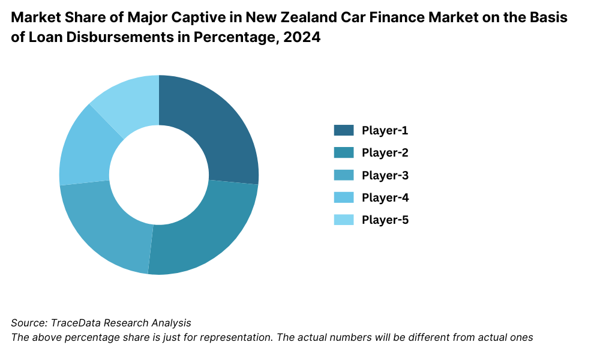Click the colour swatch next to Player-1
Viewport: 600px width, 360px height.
click(x=344, y=130)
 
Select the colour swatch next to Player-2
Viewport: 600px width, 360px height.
click(x=344, y=152)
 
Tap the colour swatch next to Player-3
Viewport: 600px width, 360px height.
click(x=344, y=175)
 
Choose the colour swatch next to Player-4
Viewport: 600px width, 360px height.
click(x=344, y=197)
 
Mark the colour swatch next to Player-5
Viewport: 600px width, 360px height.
click(x=344, y=220)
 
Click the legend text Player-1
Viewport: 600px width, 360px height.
click(x=385, y=130)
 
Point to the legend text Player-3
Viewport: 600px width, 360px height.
click(x=385, y=175)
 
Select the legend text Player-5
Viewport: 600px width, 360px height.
click(x=385, y=220)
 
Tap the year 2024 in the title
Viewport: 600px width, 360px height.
click(x=303, y=38)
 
